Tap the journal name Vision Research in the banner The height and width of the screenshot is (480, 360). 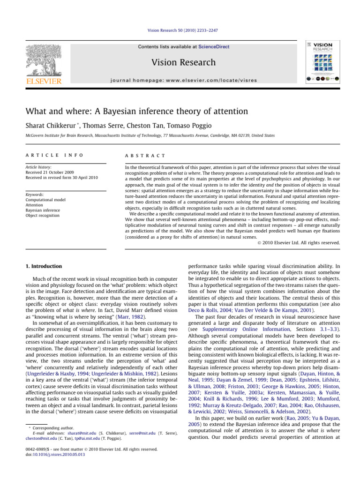click(180, 62)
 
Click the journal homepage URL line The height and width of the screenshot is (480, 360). click(180, 80)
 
